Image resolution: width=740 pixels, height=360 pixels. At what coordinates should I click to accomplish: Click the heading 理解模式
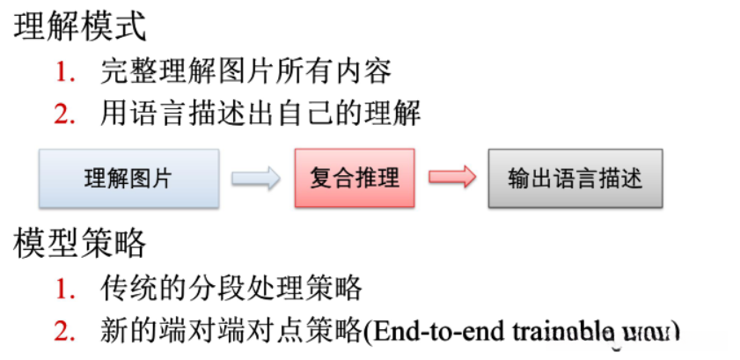[x=79, y=26]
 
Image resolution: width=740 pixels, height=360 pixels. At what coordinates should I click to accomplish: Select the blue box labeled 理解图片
[x=128, y=179]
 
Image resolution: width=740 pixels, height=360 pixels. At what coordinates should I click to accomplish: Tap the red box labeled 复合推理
[x=355, y=179]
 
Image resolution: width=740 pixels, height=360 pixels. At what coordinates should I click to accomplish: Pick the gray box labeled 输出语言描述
[x=575, y=179]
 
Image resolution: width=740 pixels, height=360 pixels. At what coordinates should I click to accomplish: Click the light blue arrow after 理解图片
[x=255, y=179]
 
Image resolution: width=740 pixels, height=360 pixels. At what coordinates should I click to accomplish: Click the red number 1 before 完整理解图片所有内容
[x=65, y=71]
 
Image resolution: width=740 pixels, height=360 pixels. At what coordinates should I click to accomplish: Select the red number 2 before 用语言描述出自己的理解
[x=65, y=114]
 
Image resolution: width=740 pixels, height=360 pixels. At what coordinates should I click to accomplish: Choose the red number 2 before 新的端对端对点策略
[x=65, y=331]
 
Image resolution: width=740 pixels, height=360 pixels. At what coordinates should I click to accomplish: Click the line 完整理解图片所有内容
[x=245, y=71]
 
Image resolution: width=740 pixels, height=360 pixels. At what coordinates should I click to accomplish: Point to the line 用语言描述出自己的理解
[x=260, y=114]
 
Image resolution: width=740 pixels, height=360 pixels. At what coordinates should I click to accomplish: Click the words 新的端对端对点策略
[x=231, y=331]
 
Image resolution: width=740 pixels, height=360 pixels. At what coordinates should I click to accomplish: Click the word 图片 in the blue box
[x=150, y=179]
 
